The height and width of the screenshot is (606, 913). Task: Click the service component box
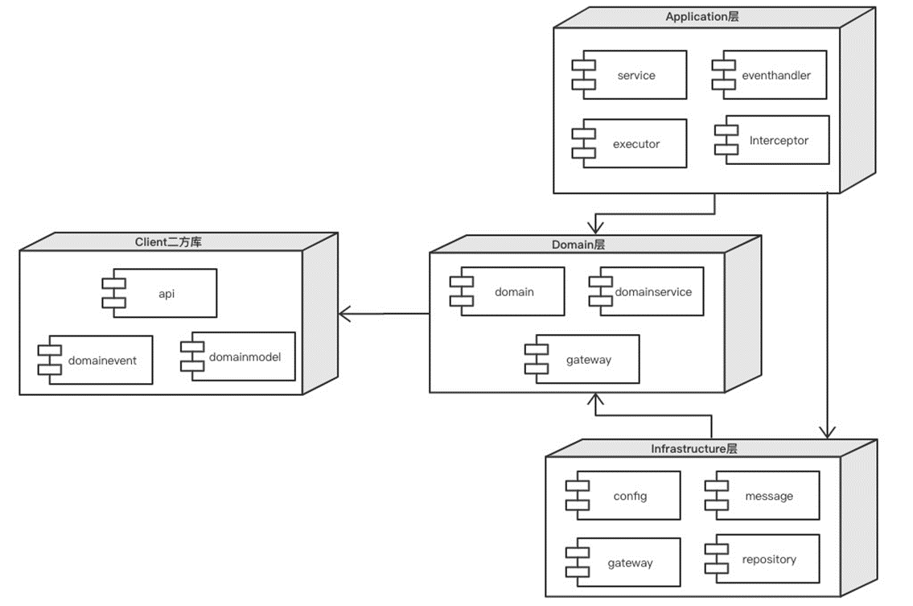point(629,75)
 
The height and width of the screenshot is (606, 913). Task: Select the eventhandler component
point(769,75)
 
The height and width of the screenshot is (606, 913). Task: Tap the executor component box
point(629,143)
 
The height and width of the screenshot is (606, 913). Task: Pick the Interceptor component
point(772,140)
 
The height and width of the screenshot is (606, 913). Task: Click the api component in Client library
point(159,293)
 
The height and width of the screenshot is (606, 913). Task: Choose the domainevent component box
point(96,360)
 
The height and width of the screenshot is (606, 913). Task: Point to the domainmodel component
point(238,356)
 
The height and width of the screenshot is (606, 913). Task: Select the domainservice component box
point(646,291)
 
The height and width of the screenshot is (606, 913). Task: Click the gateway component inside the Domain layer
point(582,359)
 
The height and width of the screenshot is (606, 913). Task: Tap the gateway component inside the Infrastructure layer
point(623,563)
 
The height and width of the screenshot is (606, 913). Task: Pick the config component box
point(623,495)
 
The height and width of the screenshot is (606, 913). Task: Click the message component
point(763,495)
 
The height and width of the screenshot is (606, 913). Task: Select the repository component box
point(763,559)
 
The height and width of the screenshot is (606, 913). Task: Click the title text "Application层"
point(702,17)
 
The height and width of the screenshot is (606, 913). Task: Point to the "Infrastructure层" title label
point(694,449)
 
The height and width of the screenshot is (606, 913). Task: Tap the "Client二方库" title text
point(168,241)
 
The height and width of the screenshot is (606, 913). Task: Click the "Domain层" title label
point(578,245)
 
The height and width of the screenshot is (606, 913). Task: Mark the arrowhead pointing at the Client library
point(344,314)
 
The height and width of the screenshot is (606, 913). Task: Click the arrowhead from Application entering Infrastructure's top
point(828,432)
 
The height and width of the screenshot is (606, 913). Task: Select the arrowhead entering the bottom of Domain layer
point(595,399)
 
